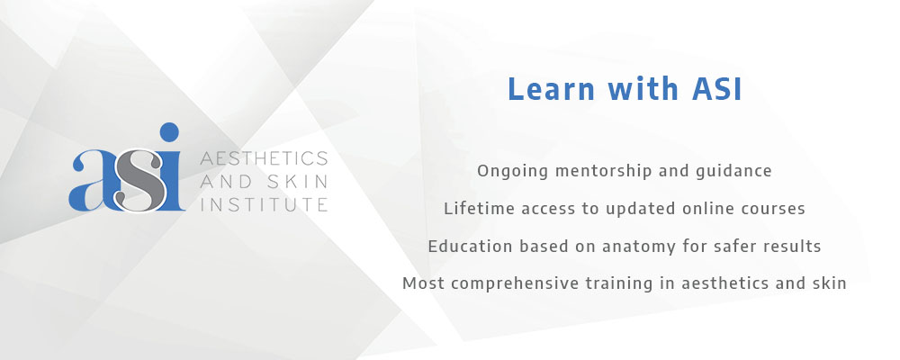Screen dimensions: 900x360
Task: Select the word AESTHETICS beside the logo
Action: point(264,157)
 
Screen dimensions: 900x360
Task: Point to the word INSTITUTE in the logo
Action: point(264,204)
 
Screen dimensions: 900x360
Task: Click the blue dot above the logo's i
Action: point(169,132)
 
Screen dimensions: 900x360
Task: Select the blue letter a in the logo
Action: point(92,180)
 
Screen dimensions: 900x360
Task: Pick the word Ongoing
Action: point(503,172)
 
